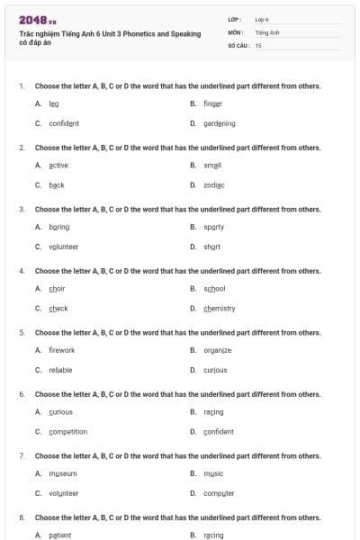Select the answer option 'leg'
pyautogui.click(x=53, y=103)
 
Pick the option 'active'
pyautogui.click(x=58, y=166)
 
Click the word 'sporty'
pyautogui.click(x=213, y=227)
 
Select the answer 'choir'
pyautogui.click(x=57, y=288)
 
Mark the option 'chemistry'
pyautogui.click(x=219, y=308)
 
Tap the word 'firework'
pyautogui.click(x=62, y=350)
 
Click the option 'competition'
pyautogui.click(x=67, y=431)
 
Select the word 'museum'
pyautogui.click(x=62, y=473)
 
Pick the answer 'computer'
pyautogui.click(x=219, y=493)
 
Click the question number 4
pyautogui.click(x=22, y=270)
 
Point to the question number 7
pyautogui.click(x=22, y=455)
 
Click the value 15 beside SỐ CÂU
pyautogui.click(x=258, y=45)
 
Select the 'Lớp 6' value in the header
pyautogui.click(x=262, y=19)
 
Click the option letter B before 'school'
pyautogui.click(x=193, y=288)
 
